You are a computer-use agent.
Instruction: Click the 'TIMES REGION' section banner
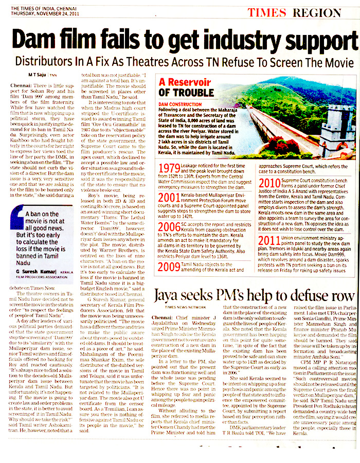click(299, 13)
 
